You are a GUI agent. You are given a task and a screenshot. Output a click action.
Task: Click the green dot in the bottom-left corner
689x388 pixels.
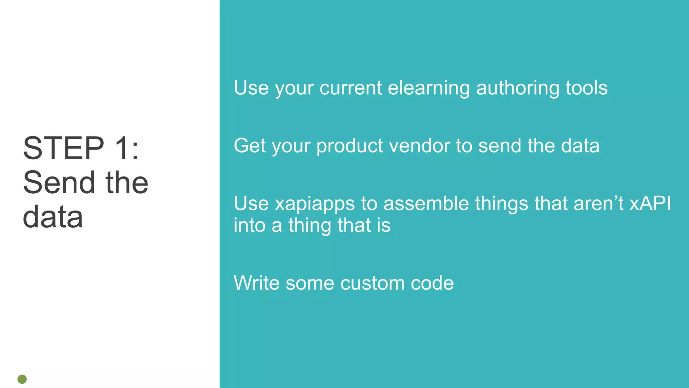click(22, 379)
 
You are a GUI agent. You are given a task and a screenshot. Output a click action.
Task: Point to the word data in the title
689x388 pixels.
click(53, 217)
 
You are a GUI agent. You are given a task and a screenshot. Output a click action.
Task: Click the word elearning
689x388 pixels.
click(429, 88)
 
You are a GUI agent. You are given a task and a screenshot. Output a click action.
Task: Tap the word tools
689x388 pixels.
click(586, 88)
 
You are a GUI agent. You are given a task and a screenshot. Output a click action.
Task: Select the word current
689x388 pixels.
click(351, 88)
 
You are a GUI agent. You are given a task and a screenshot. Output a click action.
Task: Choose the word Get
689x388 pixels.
click(250, 146)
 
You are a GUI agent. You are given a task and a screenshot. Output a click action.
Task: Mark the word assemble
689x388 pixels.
click(426, 204)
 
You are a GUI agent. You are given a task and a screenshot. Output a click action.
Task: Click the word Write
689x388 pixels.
click(256, 283)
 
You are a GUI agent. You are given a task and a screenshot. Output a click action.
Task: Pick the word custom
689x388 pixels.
click(372, 283)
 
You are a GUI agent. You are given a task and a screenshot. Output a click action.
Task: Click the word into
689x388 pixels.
click(249, 225)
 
